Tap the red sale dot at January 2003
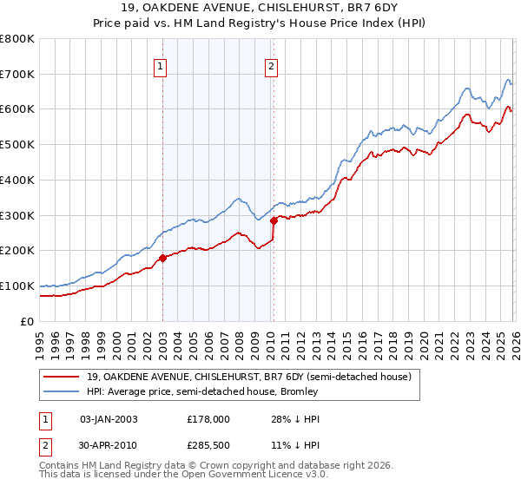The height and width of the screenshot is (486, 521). [x=162, y=258]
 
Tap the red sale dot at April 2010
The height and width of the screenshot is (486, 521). [x=274, y=220]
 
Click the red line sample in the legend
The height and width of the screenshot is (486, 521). [x=62, y=377]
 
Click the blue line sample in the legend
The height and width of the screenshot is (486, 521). [x=62, y=391]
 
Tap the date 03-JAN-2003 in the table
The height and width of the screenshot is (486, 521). [x=109, y=419]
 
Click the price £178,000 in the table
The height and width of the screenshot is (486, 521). [x=208, y=419]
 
